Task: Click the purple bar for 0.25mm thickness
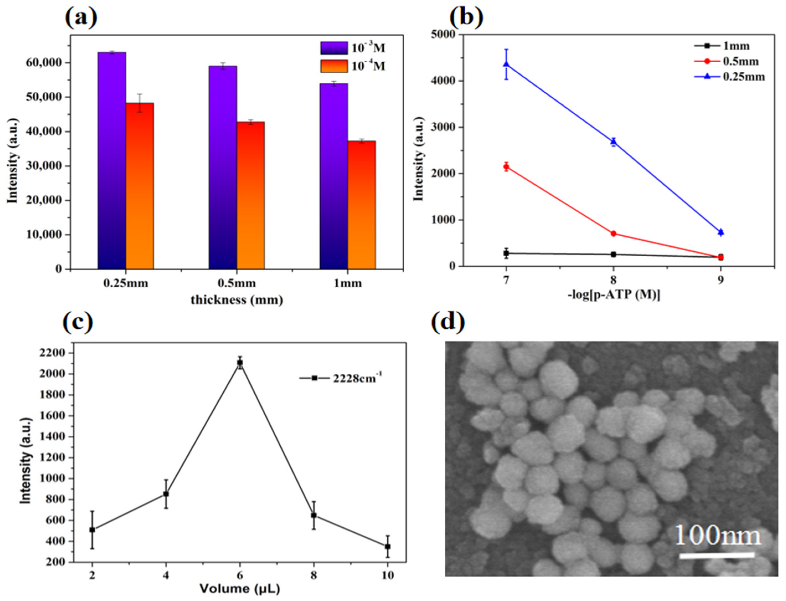[x=112, y=161]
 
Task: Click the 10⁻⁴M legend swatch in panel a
[x=334, y=66]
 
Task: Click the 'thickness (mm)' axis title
[x=237, y=300]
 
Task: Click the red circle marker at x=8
[x=613, y=234]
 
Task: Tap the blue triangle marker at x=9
[x=721, y=232]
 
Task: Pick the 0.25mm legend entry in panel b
[x=730, y=77]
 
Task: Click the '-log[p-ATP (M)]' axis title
[x=614, y=295]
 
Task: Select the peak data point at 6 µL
[x=240, y=363]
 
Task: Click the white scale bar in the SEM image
[x=716, y=556]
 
